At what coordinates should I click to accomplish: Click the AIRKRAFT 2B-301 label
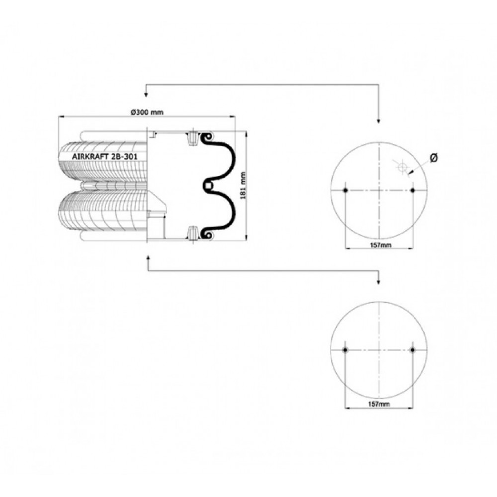(104, 156)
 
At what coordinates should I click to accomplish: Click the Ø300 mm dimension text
(147, 112)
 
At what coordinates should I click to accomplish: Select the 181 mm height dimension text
(243, 186)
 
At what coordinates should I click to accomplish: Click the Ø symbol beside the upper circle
(434, 158)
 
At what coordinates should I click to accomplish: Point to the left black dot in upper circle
(346, 190)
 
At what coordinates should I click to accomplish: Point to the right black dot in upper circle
(413, 190)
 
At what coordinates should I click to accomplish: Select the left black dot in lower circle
(346, 350)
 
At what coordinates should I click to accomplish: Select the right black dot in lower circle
(413, 350)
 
